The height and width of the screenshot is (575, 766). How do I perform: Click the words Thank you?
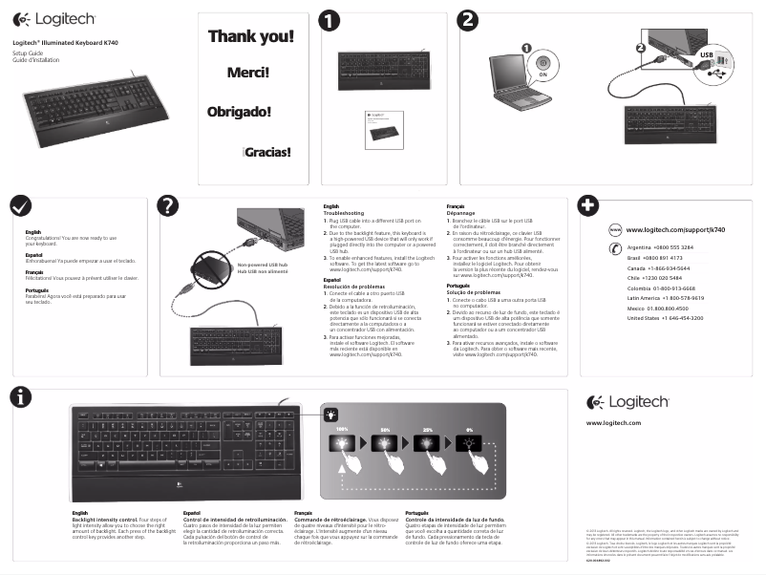[251, 37]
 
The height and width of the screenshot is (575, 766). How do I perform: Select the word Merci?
[247, 73]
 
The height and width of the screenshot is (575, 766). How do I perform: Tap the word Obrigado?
[239, 111]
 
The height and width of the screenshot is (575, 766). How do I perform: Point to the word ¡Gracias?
[266, 151]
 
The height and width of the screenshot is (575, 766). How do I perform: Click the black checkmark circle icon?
[19, 207]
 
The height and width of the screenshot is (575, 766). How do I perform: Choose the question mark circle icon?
[168, 207]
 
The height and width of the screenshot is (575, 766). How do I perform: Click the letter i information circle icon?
[19, 399]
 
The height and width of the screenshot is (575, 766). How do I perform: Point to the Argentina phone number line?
[660, 247]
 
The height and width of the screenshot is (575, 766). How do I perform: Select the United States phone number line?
[665, 317]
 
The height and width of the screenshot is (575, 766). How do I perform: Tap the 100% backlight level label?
[340, 431]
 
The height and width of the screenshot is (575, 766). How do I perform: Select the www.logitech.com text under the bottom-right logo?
[613, 422]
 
